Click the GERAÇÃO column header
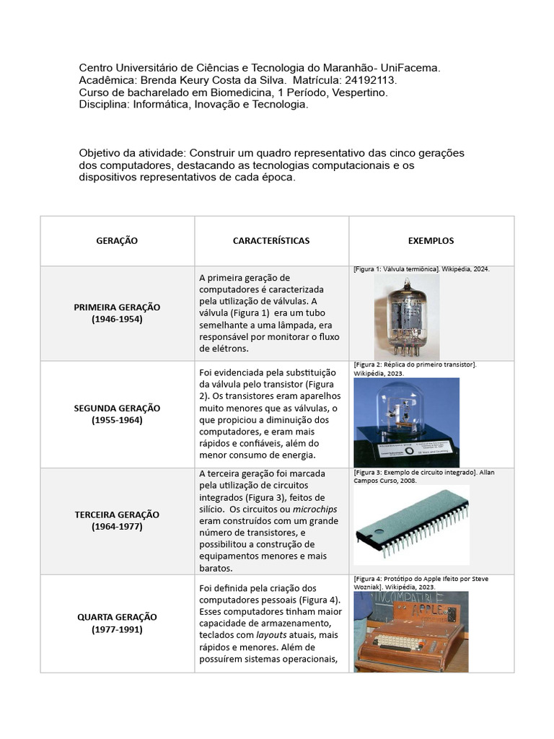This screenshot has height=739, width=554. coord(117,240)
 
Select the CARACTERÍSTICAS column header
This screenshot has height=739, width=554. coord(271,240)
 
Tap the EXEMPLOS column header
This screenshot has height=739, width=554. coord(431,240)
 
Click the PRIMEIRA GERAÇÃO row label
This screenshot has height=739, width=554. coord(117,307)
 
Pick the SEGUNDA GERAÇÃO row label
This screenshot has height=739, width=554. coord(117,408)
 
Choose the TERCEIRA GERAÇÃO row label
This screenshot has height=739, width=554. coord(117,515)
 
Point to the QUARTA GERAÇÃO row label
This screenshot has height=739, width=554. coord(117,617)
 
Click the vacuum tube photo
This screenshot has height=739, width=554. coord(406,316)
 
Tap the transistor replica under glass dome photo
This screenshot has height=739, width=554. coord(406,422)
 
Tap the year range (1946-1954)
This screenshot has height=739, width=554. coord(117,319)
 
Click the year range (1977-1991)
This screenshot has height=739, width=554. coord(117,629)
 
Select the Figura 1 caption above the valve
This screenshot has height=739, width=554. coord(421,269)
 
